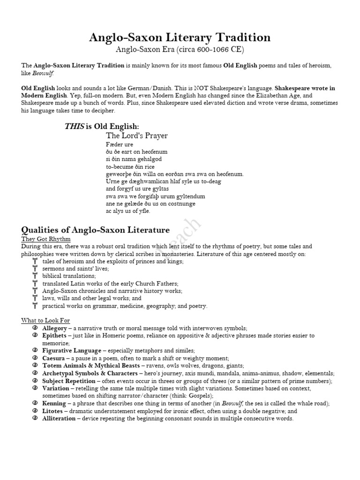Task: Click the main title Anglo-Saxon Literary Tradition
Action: pyautogui.click(x=180, y=37)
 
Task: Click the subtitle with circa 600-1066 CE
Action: pyautogui.click(x=180, y=49)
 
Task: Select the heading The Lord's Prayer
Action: pyautogui.click(x=136, y=135)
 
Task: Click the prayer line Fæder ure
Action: pyautogui.click(x=117, y=144)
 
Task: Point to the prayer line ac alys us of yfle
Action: pyautogui.click(x=128, y=211)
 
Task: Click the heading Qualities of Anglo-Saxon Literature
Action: pyautogui.click(x=96, y=230)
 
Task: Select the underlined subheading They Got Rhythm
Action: pyautogui.click(x=45, y=239)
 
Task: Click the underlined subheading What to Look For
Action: pyautogui.click(x=45, y=321)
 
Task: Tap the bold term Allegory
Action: pyautogui.click(x=54, y=328)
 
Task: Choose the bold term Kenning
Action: pyautogui.click(x=54, y=404)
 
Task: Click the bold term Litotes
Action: pyautogui.click(x=53, y=411)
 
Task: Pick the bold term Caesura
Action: pyautogui.click(x=53, y=358)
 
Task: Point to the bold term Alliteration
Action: pyautogui.click(x=58, y=419)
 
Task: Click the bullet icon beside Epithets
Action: pyautogui.click(x=35, y=336)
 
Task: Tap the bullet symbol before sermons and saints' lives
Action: pyautogui.click(x=35, y=269)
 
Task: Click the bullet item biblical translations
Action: pyautogui.click(x=68, y=276)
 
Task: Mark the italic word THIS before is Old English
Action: pyautogui.click(x=74, y=127)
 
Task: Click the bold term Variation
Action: pyautogui.click(x=56, y=389)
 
